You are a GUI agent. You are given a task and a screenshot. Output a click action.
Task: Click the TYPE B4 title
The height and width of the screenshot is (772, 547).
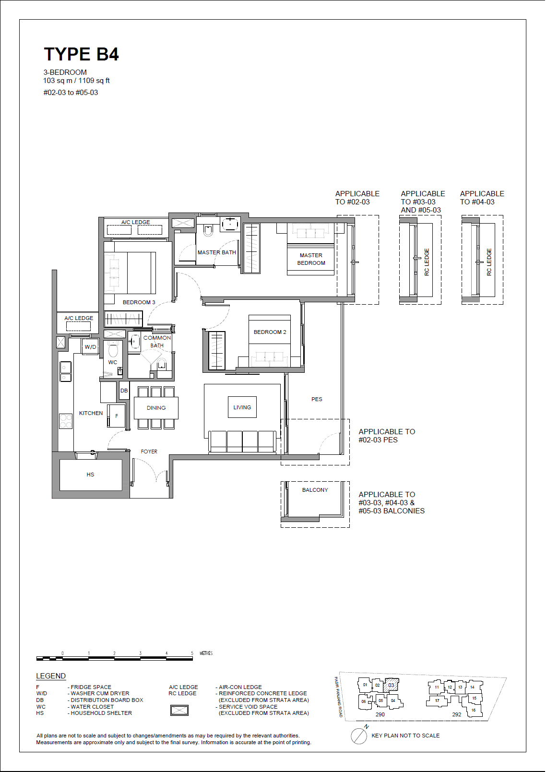pos(81,54)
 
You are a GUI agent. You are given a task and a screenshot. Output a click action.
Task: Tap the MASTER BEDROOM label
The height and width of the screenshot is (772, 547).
pos(311,259)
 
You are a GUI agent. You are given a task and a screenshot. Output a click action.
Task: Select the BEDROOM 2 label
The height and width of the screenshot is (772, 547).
pos(270,332)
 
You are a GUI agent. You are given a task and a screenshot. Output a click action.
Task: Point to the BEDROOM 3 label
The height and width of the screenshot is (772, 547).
pos(139,302)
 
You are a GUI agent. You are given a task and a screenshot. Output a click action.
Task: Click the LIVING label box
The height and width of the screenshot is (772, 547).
pos(242,407)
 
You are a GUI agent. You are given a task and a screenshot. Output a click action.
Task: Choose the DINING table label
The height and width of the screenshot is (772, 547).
pos(156,408)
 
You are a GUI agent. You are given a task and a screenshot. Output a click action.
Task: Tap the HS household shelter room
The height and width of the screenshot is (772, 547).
pos(90,475)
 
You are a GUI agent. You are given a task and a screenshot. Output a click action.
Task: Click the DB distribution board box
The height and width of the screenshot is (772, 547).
pos(124,391)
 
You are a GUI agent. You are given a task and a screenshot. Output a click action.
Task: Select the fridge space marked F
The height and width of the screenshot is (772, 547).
pos(116,416)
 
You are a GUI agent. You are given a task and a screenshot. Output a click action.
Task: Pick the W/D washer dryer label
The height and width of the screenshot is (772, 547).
pos(90,347)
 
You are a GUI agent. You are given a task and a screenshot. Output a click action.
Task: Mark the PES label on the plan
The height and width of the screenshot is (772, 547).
pos(317,399)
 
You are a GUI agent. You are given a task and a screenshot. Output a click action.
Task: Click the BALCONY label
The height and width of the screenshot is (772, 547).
pos(315,490)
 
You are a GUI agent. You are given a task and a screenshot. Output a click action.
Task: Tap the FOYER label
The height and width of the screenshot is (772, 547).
pos(149,451)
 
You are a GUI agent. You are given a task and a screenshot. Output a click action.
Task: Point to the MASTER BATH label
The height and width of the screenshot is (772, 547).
pos(216,252)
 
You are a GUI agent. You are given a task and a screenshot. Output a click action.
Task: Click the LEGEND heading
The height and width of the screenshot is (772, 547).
pos(51,676)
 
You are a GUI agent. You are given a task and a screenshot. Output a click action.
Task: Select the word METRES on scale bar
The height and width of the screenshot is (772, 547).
pos(206,653)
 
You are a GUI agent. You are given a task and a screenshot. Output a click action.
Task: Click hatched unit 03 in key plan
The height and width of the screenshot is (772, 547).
pos(391,685)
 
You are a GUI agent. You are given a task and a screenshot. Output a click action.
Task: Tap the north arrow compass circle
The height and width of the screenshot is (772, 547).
pos(359,736)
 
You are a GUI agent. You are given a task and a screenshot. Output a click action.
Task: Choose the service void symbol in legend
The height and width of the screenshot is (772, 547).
pos(179,710)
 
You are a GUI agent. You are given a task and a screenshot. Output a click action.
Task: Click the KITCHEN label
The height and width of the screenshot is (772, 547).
pos(91,413)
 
